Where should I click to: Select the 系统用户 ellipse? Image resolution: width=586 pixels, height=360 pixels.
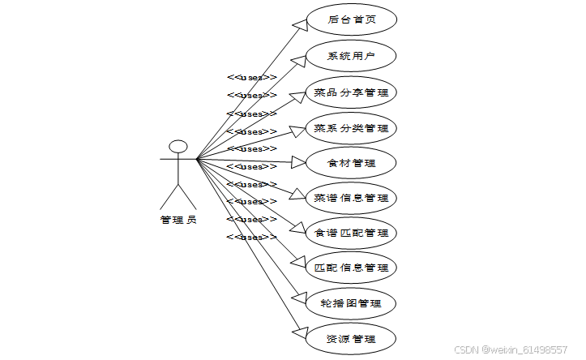pyautogui.click(x=351, y=56)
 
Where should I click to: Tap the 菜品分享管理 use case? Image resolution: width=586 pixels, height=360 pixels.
pyautogui.click(x=351, y=92)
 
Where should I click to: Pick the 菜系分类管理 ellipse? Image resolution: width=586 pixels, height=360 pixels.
pyautogui.click(x=351, y=128)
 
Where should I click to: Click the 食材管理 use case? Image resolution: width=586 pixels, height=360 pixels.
pyautogui.click(x=351, y=163)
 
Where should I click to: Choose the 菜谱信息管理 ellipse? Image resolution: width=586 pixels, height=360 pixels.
pyautogui.click(x=351, y=198)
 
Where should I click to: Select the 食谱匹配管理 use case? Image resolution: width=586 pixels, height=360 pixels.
pyautogui.click(x=351, y=233)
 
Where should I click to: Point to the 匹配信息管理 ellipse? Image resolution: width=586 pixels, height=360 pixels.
pyautogui.click(x=351, y=268)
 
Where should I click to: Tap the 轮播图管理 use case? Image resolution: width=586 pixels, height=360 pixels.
pyautogui.click(x=351, y=303)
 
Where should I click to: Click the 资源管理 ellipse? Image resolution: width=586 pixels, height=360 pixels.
pyautogui.click(x=351, y=338)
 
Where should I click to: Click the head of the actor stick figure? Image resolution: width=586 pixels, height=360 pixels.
pyautogui.click(x=178, y=148)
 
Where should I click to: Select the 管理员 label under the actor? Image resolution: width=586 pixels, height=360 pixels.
pyautogui.click(x=178, y=220)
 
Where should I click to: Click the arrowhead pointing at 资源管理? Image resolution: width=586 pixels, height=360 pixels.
pyautogui.click(x=297, y=333)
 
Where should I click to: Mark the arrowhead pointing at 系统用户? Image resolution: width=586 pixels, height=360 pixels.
pyautogui.click(x=297, y=59)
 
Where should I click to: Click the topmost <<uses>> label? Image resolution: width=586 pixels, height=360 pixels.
pyautogui.click(x=251, y=78)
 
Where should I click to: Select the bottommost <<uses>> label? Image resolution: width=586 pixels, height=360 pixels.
pyautogui.click(x=251, y=237)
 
